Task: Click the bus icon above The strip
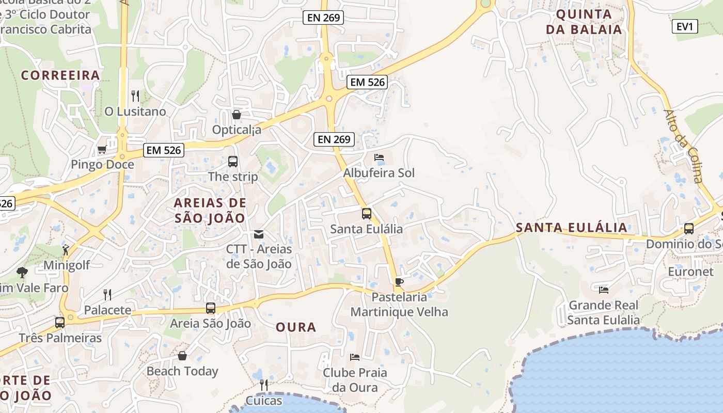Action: pyautogui.click(x=233, y=162)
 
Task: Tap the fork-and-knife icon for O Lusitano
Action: pyautogui.click(x=135, y=96)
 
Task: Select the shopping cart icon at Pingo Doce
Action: pyautogui.click(x=102, y=150)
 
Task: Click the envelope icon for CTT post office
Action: pyautogui.click(x=259, y=234)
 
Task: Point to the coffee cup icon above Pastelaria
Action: pyautogui.click(x=399, y=282)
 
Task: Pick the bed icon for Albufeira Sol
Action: pyautogui.click(x=379, y=157)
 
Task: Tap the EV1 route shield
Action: pyautogui.click(x=685, y=26)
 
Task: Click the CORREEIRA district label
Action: pyautogui.click(x=60, y=75)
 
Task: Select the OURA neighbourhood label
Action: pyautogui.click(x=296, y=327)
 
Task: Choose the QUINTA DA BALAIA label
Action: pyautogui.click(x=584, y=22)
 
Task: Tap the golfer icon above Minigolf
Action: pyautogui.click(x=66, y=250)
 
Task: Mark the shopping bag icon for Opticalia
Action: pyautogui.click(x=237, y=115)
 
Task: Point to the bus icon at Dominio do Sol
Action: pyautogui.click(x=688, y=229)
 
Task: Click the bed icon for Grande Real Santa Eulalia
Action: pyautogui.click(x=603, y=290)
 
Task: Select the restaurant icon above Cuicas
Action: pyautogui.click(x=264, y=385)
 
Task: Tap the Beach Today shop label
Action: pyautogui.click(x=182, y=371)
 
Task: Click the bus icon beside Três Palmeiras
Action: pyautogui.click(x=60, y=323)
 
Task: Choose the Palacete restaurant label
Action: pyautogui.click(x=108, y=310)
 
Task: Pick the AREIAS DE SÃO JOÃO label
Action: pyautogui.click(x=210, y=210)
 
